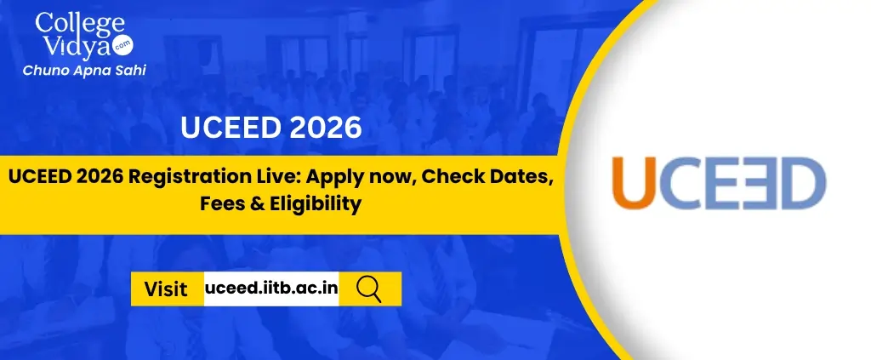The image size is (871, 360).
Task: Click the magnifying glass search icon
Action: [x=369, y=289]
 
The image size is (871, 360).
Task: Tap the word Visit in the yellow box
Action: [x=166, y=289]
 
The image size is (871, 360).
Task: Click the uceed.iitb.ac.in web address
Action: [x=271, y=289]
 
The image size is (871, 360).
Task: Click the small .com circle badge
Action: [x=122, y=47]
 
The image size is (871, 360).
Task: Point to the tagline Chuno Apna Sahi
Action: [x=84, y=71]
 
